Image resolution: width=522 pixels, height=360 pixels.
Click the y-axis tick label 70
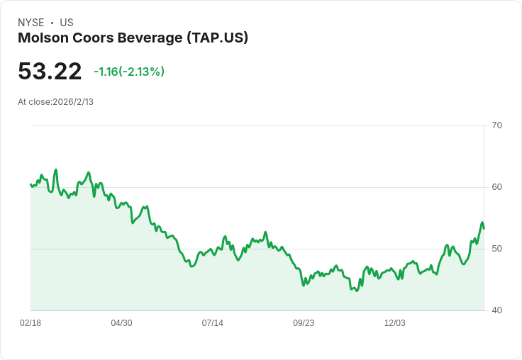point(496,125)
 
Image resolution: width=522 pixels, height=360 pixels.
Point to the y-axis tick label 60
point(496,187)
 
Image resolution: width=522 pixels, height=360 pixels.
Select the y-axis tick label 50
point(496,249)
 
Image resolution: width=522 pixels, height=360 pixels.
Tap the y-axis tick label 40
point(496,310)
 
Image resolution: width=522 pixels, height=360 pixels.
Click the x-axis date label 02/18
point(30,323)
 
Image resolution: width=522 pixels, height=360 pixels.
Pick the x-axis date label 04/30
point(121,323)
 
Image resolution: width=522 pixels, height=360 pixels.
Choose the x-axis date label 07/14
point(212,323)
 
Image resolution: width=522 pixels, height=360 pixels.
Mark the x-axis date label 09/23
point(304,323)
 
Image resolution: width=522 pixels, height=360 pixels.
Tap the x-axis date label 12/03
point(394,323)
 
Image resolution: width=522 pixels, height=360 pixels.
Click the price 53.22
point(50,71)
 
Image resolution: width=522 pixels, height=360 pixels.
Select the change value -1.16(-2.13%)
point(129,72)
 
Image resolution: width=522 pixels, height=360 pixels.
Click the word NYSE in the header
point(31,23)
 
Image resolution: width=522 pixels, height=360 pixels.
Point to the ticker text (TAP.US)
point(217,38)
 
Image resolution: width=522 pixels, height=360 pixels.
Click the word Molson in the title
point(42,38)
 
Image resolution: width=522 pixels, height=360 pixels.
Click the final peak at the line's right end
point(482,223)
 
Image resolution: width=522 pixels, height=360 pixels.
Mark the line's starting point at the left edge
point(30,184)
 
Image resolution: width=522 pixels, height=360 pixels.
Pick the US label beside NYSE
point(67,23)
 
